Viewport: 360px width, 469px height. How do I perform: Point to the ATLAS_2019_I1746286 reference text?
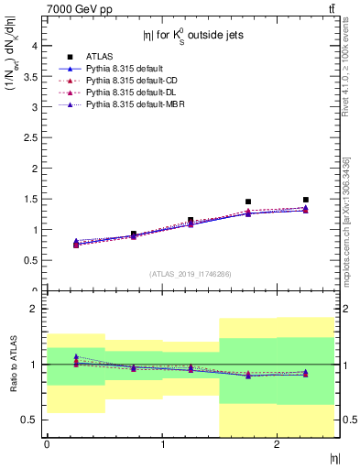pyautogui.click(x=190, y=274)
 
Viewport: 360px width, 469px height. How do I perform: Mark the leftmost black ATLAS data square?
pyautogui.click(x=75, y=244)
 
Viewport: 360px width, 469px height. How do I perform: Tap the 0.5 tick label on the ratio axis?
pyautogui.click(x=30, y=420)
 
